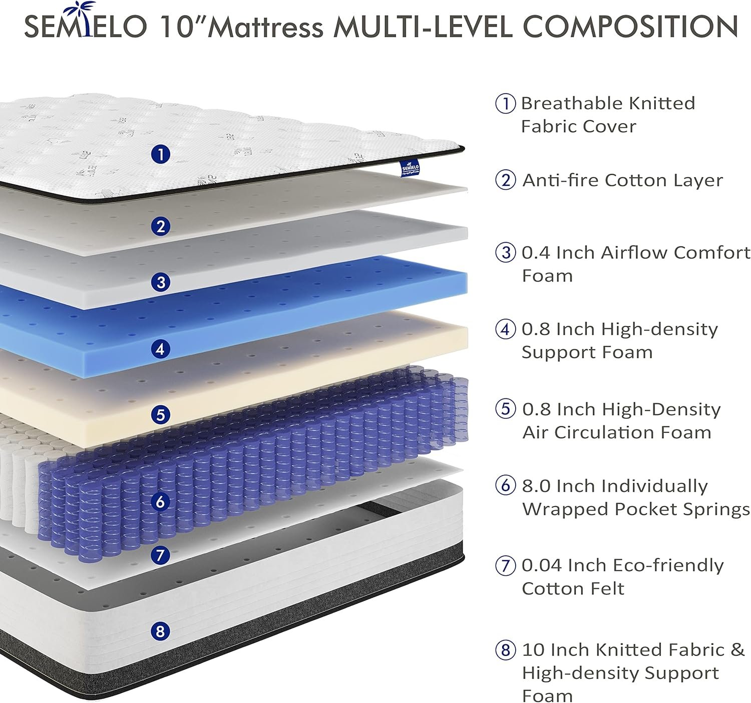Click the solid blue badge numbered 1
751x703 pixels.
click(x=161, y=154)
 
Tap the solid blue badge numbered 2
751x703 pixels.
click(x=161, y=226)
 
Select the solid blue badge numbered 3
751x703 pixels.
click(x=161, y=283)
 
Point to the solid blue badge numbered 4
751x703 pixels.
click(x=161, y=349)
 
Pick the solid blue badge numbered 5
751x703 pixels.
click(x=161, y=415)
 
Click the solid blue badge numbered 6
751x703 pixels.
click(x=161, y=502)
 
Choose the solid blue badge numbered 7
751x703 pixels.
click(x=161, y=555)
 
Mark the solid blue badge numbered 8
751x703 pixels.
click(x=161, y=631)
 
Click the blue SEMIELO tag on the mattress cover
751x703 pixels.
click(x=410, y=168)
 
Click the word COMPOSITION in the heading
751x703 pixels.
click(x=630, y=27)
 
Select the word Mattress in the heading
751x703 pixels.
click(x=266, y=27)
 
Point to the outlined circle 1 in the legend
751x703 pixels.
click(x=506, y=103)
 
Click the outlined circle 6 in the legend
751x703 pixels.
click(x=506, y=486)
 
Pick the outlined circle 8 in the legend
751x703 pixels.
click(x=506, y=650)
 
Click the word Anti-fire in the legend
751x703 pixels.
click(x=561, y=180)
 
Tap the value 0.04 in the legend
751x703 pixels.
click(x=542, y=566)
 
